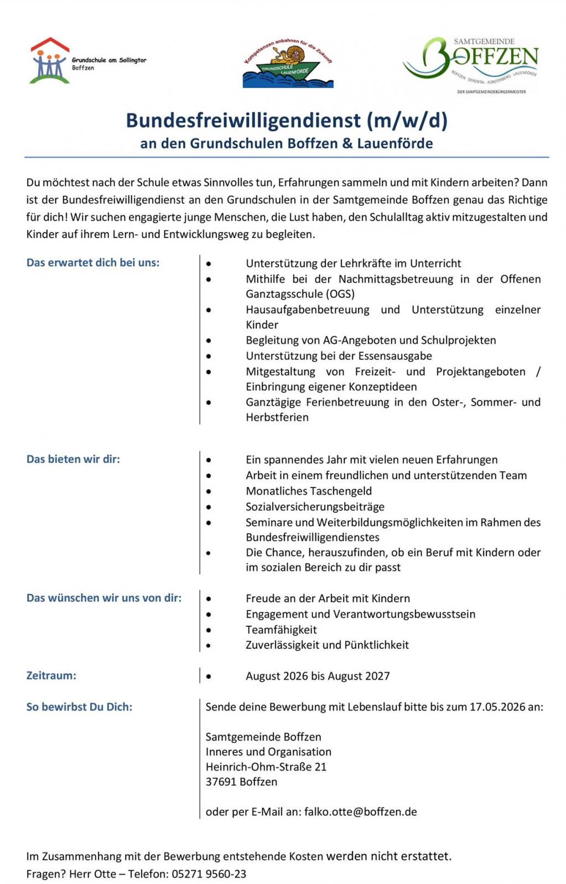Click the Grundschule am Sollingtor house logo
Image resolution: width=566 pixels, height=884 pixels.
click(x=50, y=61)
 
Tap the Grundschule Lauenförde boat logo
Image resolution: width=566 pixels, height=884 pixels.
click(x=288, y=64)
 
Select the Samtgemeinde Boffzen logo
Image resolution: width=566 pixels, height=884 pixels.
click(x=471, y=63)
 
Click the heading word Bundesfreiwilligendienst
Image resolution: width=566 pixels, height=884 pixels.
click(x=243, y=120)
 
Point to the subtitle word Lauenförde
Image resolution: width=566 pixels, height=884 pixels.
click(x=394, y=144)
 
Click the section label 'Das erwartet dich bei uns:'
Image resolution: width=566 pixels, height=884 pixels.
click(x=93, y=262)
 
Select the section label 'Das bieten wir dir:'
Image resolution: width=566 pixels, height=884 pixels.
click(x=73, y=459)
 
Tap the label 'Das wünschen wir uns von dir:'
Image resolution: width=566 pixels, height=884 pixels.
click(x=104, y=598)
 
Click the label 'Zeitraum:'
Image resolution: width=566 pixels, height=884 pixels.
click(x=51, y=675)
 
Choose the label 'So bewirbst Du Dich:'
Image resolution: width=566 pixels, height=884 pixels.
click(x=79, y=706)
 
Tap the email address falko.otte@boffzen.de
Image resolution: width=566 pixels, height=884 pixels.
click(x=360, y=811)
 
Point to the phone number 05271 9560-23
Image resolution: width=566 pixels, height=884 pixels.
click(x=209, y=873)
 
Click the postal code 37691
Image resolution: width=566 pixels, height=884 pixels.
click(x=221, y=782)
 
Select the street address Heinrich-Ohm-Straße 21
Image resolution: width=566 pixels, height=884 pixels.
click(x=266, y=767)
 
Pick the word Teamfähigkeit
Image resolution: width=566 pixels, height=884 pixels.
click(x=281, y=629)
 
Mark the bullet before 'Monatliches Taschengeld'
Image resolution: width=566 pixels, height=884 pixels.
click(x=209, y=491)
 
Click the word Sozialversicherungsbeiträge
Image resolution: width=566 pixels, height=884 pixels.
click(x=315, y=506)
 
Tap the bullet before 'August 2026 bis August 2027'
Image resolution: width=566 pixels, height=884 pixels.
click(x=209, y=676)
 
